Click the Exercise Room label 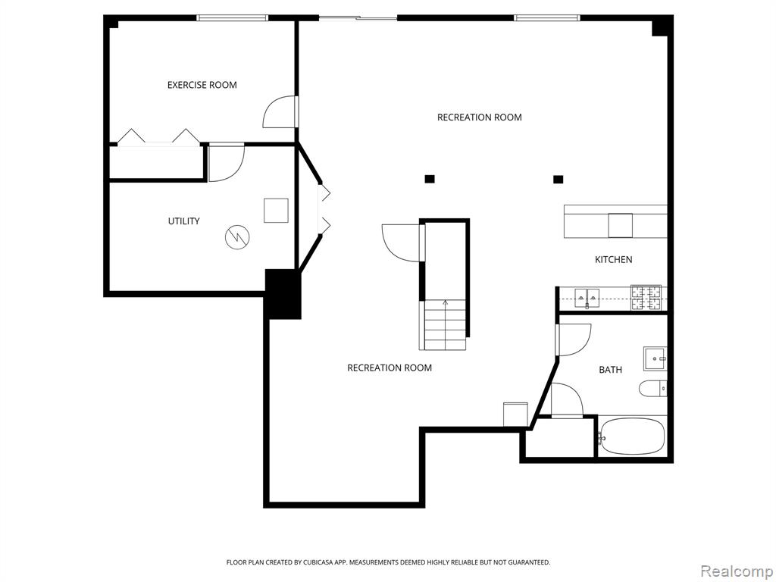(202, 85)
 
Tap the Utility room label (183, 221)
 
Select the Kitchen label (613, 259)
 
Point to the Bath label (610, 370)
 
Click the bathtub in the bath (631, 436)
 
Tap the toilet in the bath (652, 389)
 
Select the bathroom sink (656, 358)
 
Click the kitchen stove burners (646, 298)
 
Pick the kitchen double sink (587, 298)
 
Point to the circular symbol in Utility (237, 237)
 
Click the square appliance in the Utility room (276, 211)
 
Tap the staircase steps (445, 324)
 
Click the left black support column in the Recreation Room (430, 179)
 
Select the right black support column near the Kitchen (559, 179)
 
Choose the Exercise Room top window (232, 18)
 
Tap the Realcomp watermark (737, 571)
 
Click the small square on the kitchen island (620, 225)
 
